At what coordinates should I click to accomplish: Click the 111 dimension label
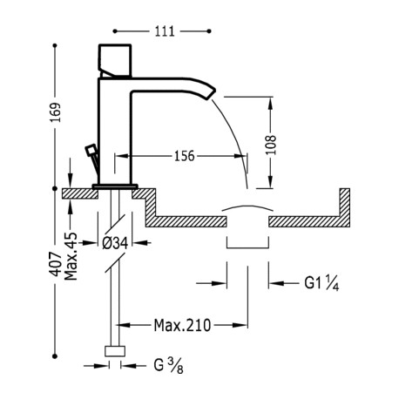(x=165, y=31)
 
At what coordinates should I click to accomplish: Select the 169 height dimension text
(x=56, y=112)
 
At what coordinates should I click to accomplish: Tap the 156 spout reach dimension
(x=184, y=156)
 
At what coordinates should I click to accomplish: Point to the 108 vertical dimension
(x=271, y=145)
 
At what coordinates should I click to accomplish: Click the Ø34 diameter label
(x=115, y=243)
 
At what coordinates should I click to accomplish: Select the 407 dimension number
(x=56, y=264)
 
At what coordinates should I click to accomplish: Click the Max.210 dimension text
(x=182, y=325)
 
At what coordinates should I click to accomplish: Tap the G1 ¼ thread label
(x=321, y=283)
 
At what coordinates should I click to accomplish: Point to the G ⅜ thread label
(x=168, y=365)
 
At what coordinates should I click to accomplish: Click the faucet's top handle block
(x=115, y=61)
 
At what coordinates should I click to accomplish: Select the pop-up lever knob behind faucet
(x=91, y=151)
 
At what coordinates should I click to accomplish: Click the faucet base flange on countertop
(x=115, y=186)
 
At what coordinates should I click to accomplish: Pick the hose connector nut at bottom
(x=115, y=351)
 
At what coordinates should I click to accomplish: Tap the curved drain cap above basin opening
(x=247, y=207)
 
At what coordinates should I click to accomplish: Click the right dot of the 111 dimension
(x=209, y=31)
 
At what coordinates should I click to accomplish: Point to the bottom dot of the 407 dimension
(x=55, y=355)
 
